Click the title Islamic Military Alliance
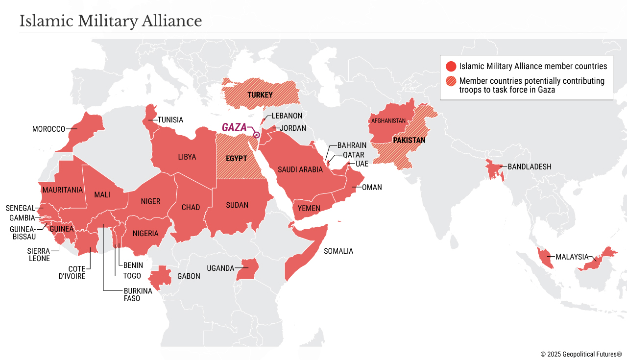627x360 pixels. click(x=111, y=21)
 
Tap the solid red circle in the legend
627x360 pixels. click(x=451, y=66)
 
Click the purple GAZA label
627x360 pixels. click(x=234, y=127)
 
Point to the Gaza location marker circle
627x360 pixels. click(x=256, y=135)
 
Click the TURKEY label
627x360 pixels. click(x=260, y=95)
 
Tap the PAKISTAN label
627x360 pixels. click(x=409, y=141)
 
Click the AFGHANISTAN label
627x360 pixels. click(x=388, y=120)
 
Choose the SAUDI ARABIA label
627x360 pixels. click(x=300, y=169)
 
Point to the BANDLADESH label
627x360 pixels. click(x=529, y=167)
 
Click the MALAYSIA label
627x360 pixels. click(x=572, y=257)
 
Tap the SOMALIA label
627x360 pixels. click(x=338, y=251)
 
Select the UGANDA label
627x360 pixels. click(x=220, y=268)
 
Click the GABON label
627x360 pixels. click(x=189, y=276)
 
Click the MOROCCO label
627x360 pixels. click(x=48, y=129)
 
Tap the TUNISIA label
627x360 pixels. click(x=170, y=120)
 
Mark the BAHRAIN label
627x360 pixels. click(x=352, y=145)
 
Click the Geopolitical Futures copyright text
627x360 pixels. click(x=581, y=354)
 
